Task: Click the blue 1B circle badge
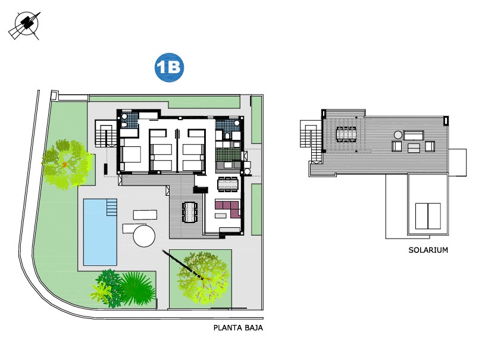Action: click(x=170, y=68)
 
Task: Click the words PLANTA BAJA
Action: click(x=238, y=328)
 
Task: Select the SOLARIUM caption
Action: click(x=428, y=250)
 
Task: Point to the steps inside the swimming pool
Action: click(x=112, y=207)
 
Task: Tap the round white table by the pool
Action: click(x=144, y=236)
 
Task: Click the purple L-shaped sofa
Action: click(x=227, y=208)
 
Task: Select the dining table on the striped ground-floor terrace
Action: click(x=190, y=211)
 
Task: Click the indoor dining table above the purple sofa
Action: click(x=227, y=184)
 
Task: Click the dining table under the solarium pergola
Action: click(x=347, y=134)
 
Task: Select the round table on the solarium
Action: click(x=397, y=134)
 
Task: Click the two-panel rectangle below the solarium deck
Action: click(x=427, y=215)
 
